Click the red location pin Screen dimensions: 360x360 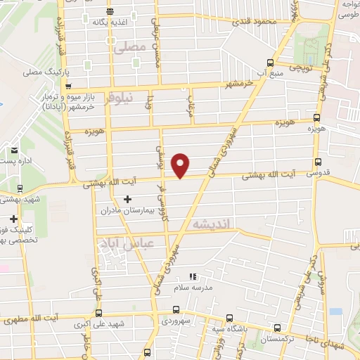tap(181, 165)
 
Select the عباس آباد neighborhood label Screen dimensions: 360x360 tap(129, 245)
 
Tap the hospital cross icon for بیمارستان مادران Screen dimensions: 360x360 tap(127, 199)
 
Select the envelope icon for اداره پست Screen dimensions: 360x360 tap(14, 150)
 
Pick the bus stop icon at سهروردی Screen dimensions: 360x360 tap(175, 312)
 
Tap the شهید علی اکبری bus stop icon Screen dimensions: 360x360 tap(98, 313)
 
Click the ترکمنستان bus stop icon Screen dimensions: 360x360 tap(277, 327)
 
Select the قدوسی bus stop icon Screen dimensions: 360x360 tap(319, 161)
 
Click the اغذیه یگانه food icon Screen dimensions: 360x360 tap(109, 11)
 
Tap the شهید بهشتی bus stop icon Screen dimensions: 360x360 tap(20, 188)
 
